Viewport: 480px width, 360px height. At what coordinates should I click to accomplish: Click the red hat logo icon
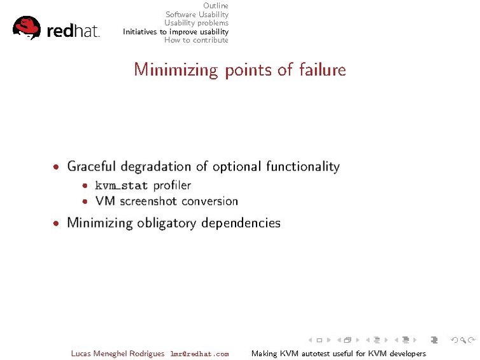coord(27,27)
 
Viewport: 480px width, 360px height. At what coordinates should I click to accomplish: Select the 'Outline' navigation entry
coord(216,6)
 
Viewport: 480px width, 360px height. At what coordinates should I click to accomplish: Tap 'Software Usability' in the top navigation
coord(197,15)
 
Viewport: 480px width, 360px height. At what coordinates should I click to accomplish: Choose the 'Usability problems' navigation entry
coord(196,23)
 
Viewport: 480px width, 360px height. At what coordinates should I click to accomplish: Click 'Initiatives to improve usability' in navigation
coord(176,31)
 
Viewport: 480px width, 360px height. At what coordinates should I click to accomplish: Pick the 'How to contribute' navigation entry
coord(196,40)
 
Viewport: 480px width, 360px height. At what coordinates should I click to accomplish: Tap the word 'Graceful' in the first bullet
coord(93,167)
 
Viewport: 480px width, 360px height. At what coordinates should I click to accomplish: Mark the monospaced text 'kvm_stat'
coord(121,186)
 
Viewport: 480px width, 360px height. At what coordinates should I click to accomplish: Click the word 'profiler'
coord(172,186)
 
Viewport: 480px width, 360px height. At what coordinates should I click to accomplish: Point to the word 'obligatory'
coord(166,223)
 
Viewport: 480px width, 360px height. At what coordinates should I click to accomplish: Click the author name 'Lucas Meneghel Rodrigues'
coord(118,354)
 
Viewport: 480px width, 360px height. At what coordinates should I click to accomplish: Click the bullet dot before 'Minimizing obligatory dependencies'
coord(57,223)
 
